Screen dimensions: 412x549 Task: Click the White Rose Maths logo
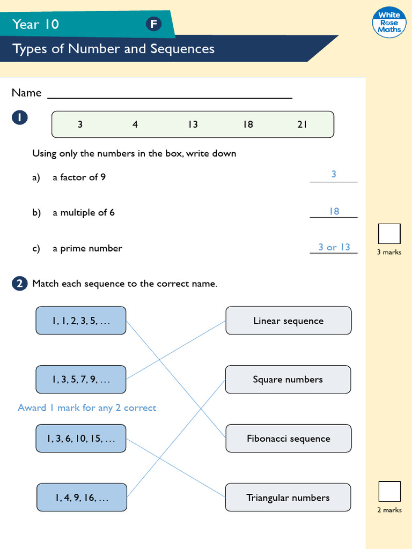click(389, 23)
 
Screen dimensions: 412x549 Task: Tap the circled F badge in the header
click(153, 24)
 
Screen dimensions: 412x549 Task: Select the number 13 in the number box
click(193, 124)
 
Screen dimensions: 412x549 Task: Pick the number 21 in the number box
click(302, 124)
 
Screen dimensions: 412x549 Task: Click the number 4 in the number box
click(135, 124)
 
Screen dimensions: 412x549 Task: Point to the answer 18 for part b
click(334, 211)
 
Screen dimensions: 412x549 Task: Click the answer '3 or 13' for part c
click(334, 247)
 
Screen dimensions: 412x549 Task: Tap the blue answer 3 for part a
click(334, 174)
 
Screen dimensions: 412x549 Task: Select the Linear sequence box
click(289, 321)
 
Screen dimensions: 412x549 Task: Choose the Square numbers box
click(288, 380)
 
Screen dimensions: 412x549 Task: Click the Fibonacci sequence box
click(289, 439)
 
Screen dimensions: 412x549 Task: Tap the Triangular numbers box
click(288, 498)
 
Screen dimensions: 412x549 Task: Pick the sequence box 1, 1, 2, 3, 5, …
click(81, 321)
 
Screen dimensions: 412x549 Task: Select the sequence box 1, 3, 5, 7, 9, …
click(81, 380)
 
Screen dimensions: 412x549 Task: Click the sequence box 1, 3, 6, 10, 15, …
click(81, 439)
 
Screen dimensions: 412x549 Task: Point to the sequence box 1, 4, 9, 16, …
click(82, 498)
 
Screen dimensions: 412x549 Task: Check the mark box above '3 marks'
click(389, 234)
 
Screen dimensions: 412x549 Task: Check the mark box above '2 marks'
click(389, 492)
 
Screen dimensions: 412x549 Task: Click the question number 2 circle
click(19, 284)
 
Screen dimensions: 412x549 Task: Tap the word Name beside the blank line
click(26, 93)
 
